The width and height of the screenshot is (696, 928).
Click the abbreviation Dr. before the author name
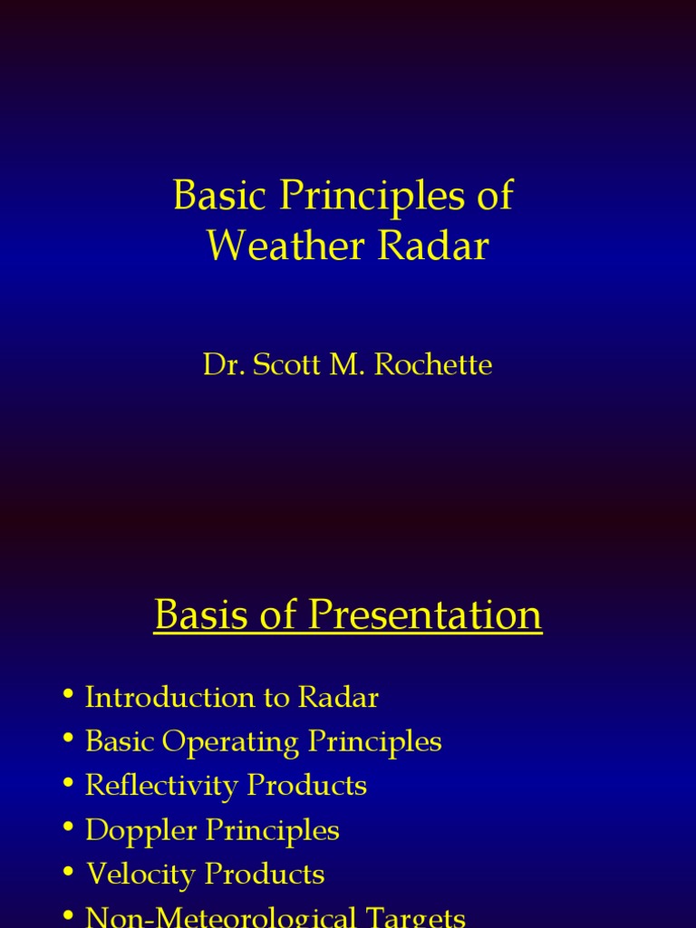tap(221, 365)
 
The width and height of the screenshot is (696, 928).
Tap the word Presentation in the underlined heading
tap(425, 617)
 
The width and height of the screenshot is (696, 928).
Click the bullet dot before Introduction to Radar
tap(68, 696)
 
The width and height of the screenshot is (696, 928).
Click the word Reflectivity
tap(161, 787)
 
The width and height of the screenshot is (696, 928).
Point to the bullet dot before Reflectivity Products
tap(68, 784)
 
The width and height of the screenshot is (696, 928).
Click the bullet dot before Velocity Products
tap(68, 873)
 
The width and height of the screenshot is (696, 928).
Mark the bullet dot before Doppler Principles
tap(68, 828)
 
